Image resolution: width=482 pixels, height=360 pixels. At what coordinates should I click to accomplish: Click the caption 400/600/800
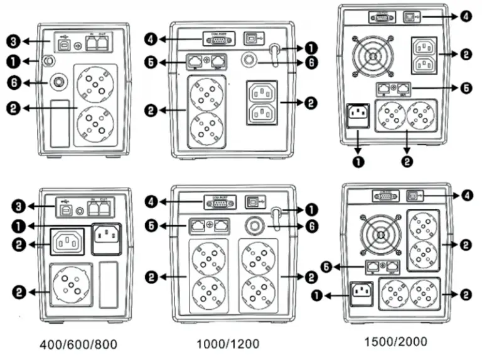(78, 344)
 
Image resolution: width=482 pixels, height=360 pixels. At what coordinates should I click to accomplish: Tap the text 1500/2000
(395, 341)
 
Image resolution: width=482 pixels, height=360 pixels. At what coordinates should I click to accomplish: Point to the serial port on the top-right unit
(380, 18)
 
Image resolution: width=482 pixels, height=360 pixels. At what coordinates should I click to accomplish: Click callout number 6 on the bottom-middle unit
(311, 225)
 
